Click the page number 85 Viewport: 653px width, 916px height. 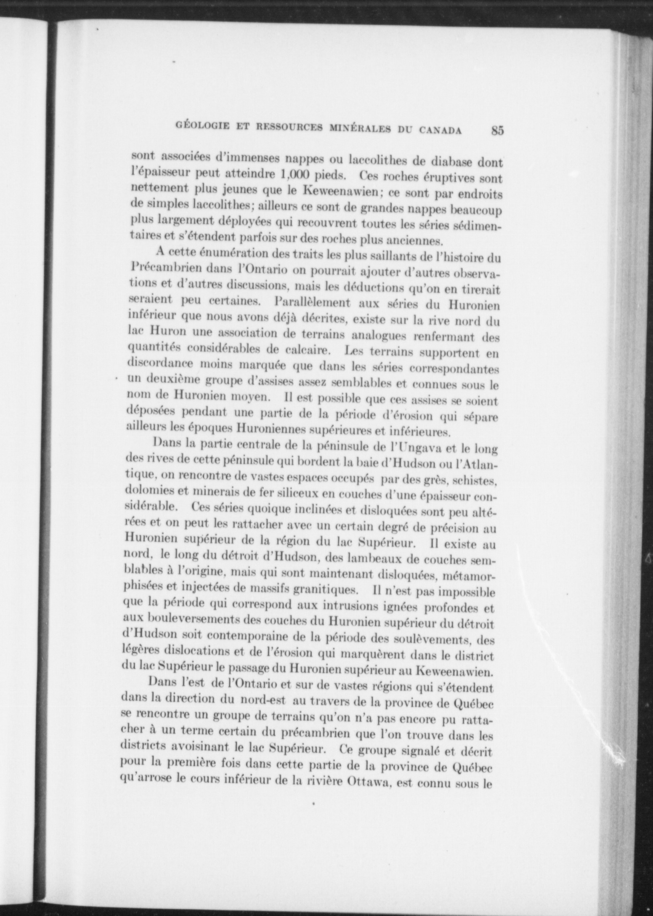tap(496, 130)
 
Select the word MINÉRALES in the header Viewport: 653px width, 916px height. tap(359, 129)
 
